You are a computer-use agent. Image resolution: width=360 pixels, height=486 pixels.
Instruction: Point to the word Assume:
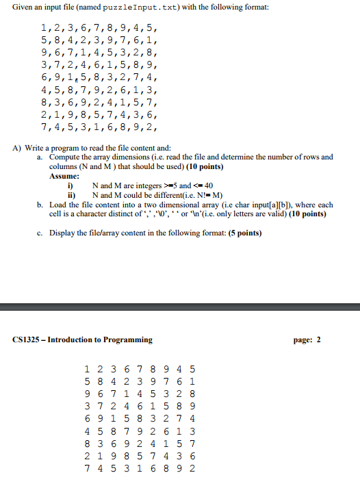[x=65, y=176]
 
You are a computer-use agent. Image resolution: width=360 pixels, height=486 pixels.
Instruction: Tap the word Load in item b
[x=59, y=205]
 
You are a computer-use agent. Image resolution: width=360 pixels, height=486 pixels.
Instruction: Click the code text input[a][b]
[x=279, y=205]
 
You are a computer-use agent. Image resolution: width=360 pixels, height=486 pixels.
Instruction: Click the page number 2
[x=318, y=340]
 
